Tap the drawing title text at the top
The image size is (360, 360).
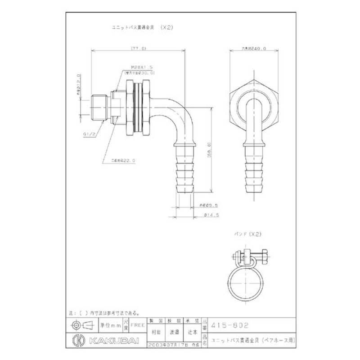(140, 27)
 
